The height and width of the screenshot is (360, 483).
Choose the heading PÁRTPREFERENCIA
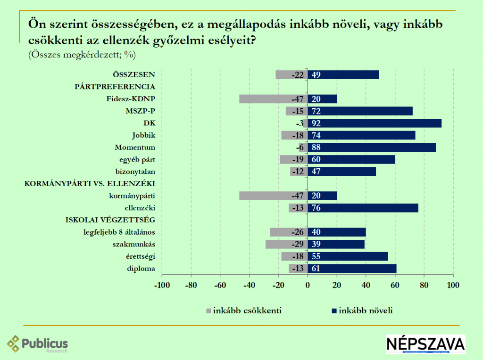tap(115, 87)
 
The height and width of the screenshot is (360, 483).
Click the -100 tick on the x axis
tap(162, 285)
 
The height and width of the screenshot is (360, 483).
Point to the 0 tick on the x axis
tap(308, 285)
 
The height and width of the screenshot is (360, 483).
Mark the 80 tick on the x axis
tap(424, 285)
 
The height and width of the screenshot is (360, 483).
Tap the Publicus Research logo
tap(38, 344)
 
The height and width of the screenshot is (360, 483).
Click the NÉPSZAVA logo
tap(425, 344)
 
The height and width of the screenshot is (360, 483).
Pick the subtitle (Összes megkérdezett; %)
tap(82, 55)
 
